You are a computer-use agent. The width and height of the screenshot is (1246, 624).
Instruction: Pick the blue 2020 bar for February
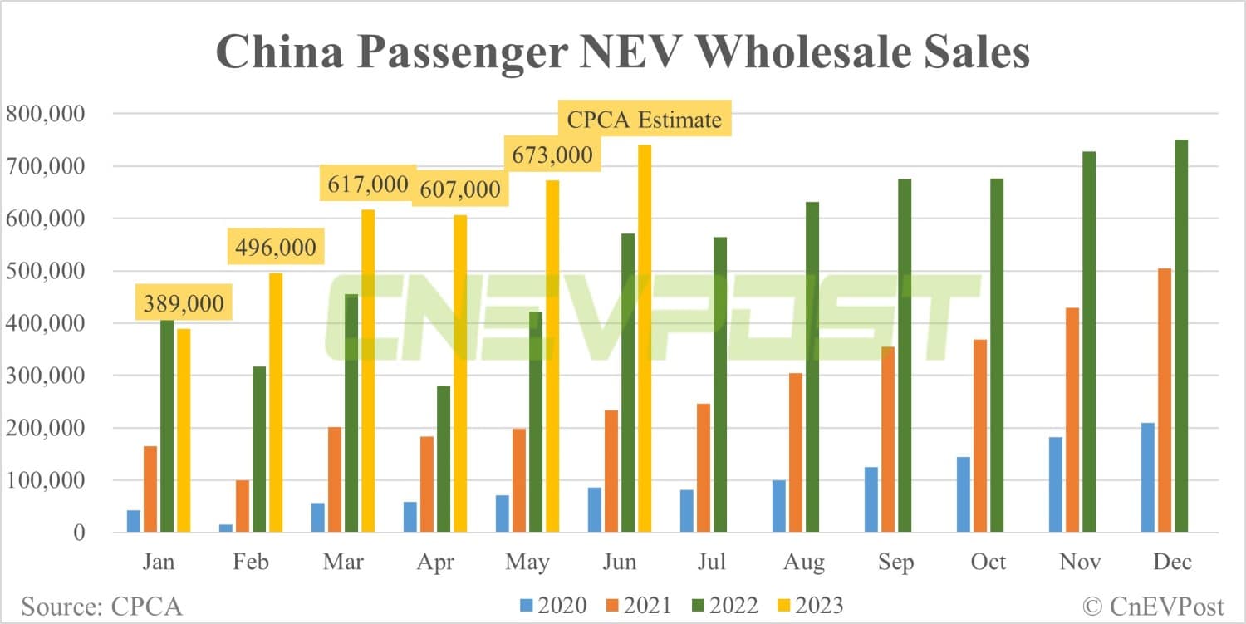226,528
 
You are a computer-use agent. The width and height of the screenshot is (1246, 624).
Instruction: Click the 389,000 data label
183,304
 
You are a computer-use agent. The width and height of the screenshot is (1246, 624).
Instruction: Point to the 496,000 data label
275,248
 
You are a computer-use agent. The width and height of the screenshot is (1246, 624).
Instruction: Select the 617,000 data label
367,184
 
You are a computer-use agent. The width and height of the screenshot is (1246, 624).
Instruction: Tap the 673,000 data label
552,155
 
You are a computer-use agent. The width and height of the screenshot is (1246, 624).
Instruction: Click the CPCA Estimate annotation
644,120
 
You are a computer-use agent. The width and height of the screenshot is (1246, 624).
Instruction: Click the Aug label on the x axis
804,563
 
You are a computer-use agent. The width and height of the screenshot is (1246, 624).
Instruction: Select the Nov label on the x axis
1081,563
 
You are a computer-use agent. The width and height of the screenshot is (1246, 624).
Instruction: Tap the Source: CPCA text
101,607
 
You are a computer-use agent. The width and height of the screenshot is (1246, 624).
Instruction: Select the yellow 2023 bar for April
460,373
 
